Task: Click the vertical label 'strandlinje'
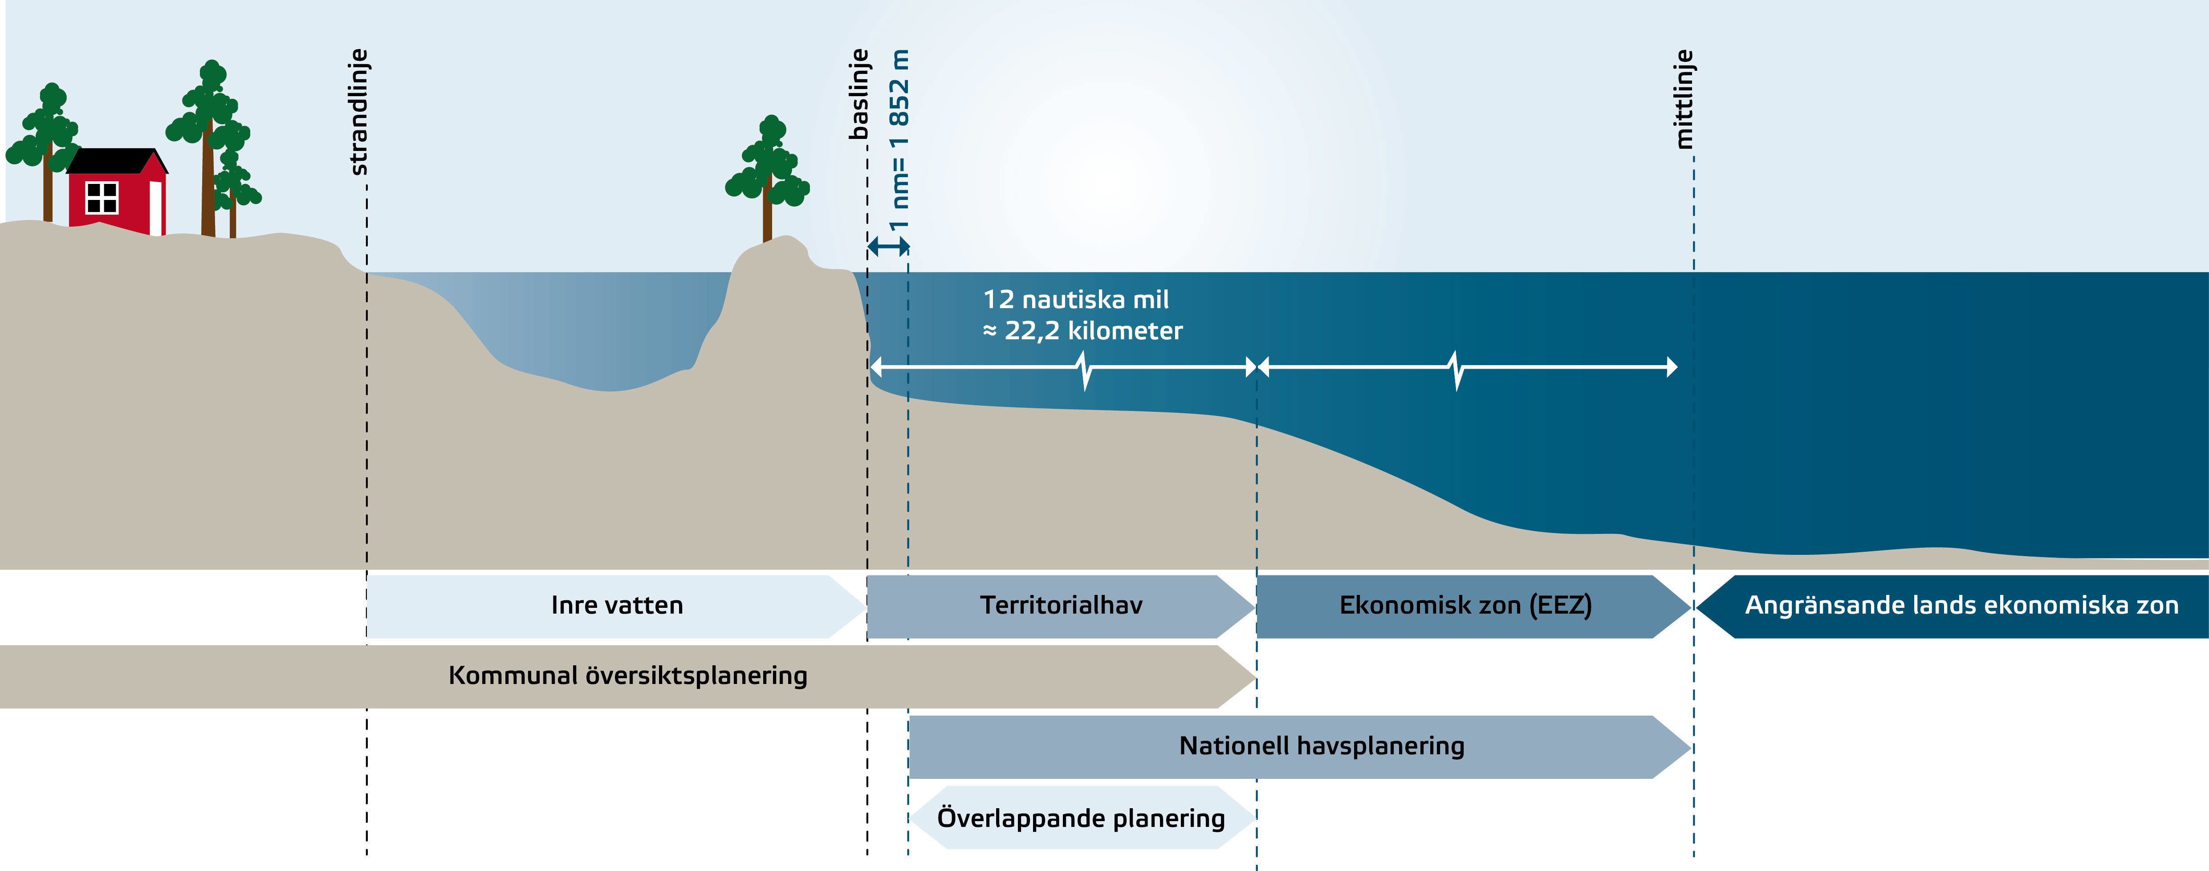pyautogui.click(x=359, y=112)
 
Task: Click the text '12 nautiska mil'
pyautogui.click(x=1075, y=299)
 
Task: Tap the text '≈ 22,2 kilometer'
pyautogui.click(x=1082, y=331)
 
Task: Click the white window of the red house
pyautogui.click(x=102, y=197)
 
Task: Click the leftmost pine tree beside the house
pyautogui.click(x=45, y=146)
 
